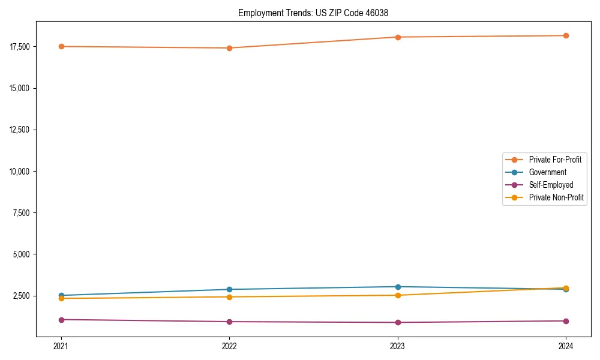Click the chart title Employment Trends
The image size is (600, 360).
[x=317, y=13]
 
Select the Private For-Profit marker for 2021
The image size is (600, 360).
[x=61, y=46]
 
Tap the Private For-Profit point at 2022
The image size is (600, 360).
[x=229, y=48]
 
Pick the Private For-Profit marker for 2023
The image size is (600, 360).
[x=398, y=37]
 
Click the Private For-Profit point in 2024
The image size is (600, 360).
[x=566, y=35]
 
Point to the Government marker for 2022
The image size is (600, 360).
[x=229, y=289]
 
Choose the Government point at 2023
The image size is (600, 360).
[x=398, y=287]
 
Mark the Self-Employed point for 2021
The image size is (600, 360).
[x=61, y=320]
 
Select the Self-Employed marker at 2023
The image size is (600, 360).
[x=398, y=322]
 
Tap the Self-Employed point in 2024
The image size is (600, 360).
[x=566, y=321]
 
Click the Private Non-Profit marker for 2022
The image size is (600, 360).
[x=229, y=297]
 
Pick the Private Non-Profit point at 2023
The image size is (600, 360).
[x=398, y=295]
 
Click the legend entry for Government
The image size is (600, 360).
[x=547, y=172]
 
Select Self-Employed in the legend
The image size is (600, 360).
[x=551, y=185]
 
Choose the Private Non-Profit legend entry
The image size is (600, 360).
[x=556, y=197]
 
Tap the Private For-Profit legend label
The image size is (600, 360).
[x=555, y=160]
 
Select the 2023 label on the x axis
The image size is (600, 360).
[x=398, y=346]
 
